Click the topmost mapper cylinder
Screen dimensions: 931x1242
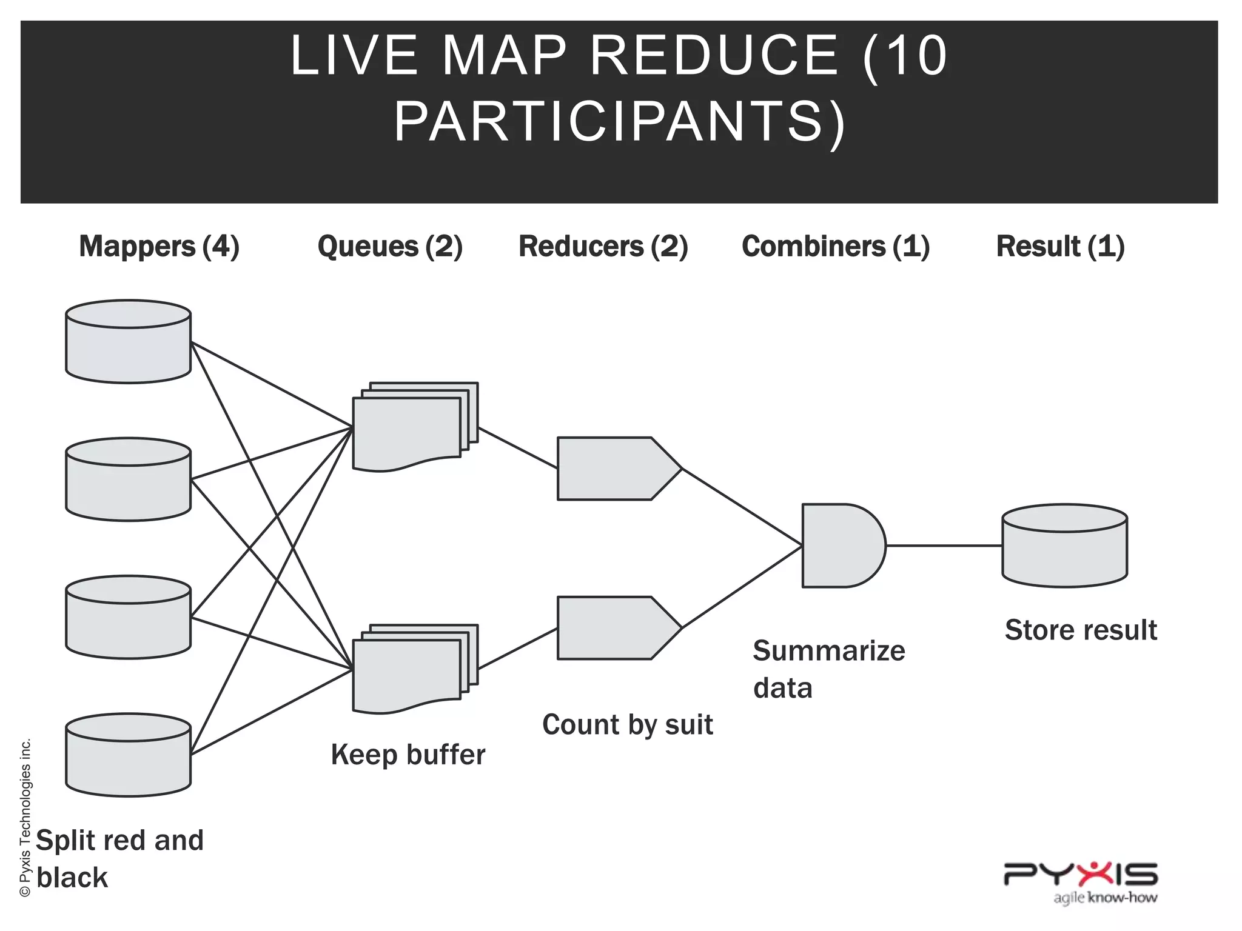(129, 342)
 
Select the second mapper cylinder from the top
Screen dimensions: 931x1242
(129, 479)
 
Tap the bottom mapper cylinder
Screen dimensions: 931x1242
(129, 755)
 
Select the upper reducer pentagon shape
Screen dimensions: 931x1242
(613, 469)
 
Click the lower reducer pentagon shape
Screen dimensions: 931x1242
(613, 628)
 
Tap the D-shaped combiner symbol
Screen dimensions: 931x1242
(840, 546)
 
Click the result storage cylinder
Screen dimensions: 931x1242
(1064, 546)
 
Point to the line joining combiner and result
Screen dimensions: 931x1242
(944, 546)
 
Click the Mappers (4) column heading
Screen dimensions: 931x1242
(159, 247)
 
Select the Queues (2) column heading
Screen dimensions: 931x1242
(390, 247)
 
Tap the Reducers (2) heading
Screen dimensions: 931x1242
(603, 247)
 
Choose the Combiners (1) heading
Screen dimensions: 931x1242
(836, 247)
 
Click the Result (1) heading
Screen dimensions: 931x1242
(1060, 247)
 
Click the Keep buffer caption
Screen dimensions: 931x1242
(408, 755)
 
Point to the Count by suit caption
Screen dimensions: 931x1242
(627, 725)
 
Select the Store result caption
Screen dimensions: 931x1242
(1081, 630)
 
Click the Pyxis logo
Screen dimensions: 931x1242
(1081, 880)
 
